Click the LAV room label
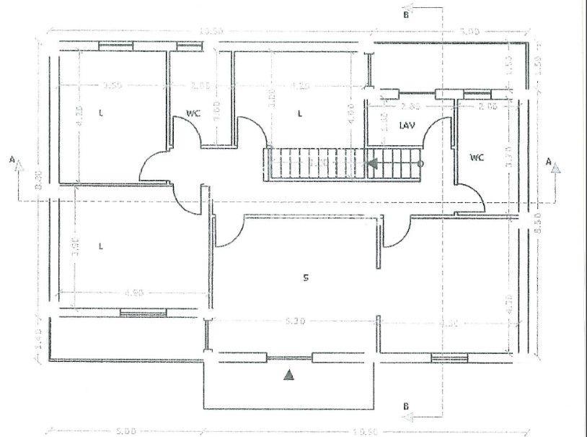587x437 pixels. pos(407,125)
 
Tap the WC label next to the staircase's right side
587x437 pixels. pos(477,157)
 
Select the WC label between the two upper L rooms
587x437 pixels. pos(193,113)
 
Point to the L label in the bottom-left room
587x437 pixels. pos(100,246)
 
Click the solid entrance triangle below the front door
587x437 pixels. pos(288,374)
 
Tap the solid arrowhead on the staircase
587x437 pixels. pos(372,164)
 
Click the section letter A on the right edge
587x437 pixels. pos(550,163)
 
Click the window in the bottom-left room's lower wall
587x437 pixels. pos(143,313)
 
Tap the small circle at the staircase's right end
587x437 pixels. pos(421,164)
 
